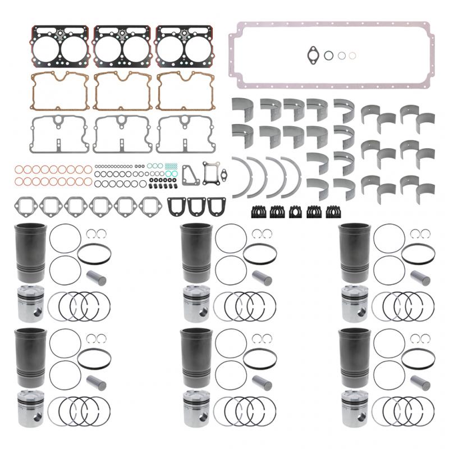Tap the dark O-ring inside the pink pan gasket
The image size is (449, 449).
[x=329, y=55]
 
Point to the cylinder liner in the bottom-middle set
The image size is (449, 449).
[x=194, y=356]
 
